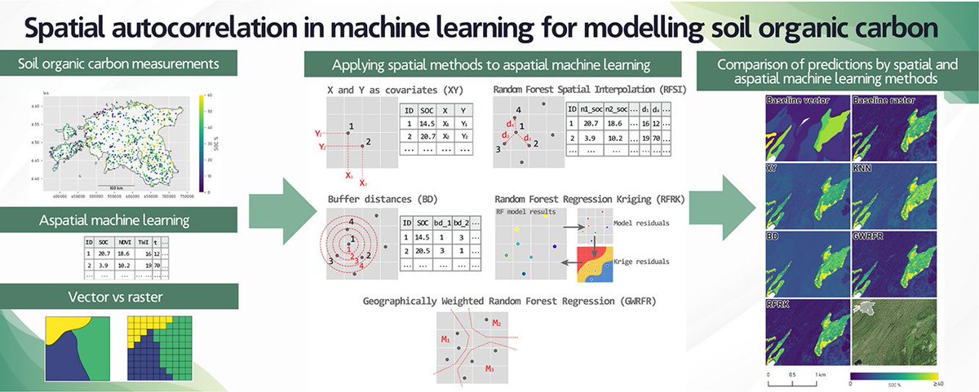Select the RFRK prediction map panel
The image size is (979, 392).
pos(805,334)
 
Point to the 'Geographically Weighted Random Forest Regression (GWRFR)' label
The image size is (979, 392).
pos(510,300)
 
